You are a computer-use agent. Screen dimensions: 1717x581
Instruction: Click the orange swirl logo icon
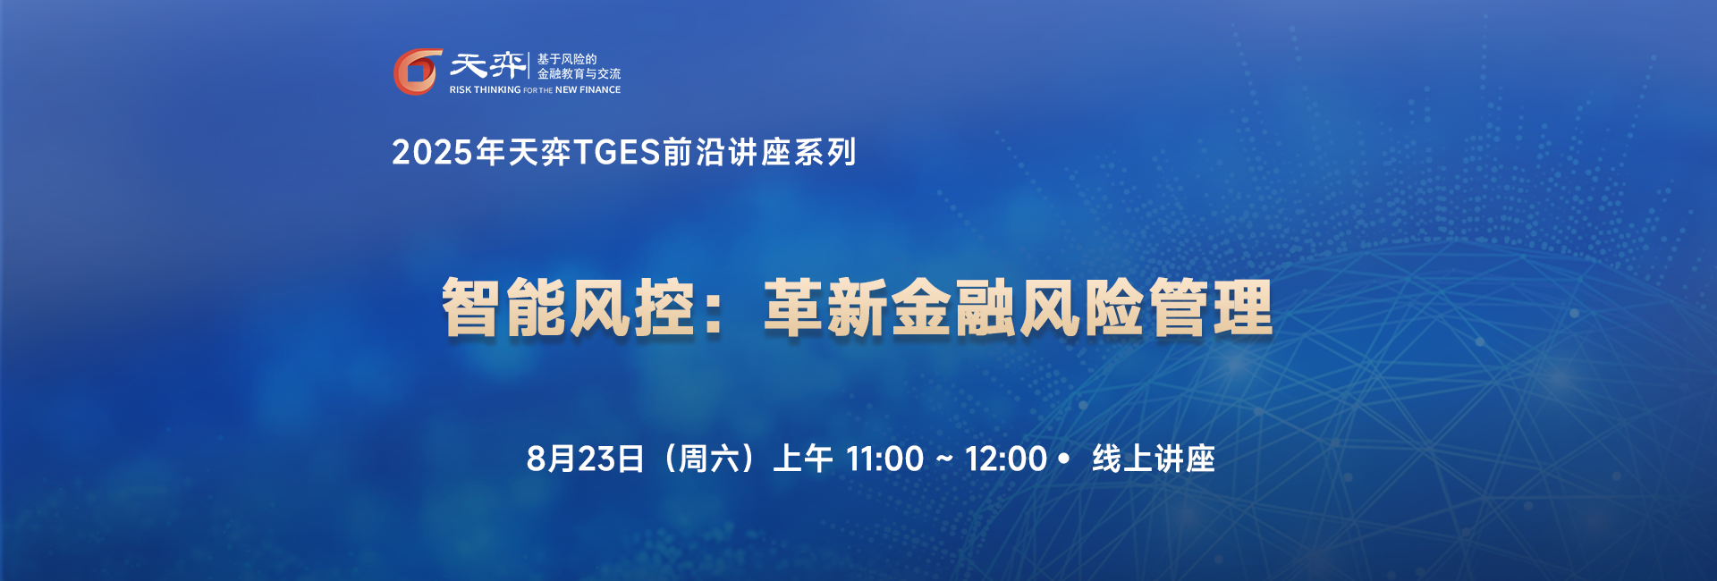pyautogui.click(x=418, y=72)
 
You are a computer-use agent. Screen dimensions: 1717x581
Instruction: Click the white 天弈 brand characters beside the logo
pyautogui.click(x=487, y=65)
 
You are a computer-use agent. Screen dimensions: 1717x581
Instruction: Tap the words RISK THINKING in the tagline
pyautogui.click(x=485, y=89)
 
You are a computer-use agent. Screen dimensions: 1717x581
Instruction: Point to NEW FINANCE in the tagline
pyautogui.click(x=588, y=89)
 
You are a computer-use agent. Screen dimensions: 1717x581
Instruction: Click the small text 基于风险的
pyautogui.click(x=566, y=59)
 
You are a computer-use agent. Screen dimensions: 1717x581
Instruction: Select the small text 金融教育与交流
pyautogui.click(x=579, y=73)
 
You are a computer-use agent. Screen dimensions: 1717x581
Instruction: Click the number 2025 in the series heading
pyautogui.click(x=432, y=152)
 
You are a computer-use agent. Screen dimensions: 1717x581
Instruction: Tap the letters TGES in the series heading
pyautogui.click(x=617, y=152)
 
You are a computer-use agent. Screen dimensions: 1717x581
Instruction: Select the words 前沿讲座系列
pyautogui.click(x=759, y=152)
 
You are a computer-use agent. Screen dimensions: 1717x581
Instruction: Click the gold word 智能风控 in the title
pyautogui.click(x=568, y=307)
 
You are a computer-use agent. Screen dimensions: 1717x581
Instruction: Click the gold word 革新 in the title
pyautogui.click(x=825, y=307)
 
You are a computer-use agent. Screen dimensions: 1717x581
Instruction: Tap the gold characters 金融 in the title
pyautogui.click(x=954, y=307)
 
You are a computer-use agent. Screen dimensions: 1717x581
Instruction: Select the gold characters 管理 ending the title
pyautogui.click(x=1210, y=307)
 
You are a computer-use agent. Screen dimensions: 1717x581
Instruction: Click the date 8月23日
pyautogui.click(x=585, y=459)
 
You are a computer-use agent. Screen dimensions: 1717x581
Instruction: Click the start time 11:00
pyautogui.click(x=884, y=459)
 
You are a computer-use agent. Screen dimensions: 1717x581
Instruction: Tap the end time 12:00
pyautogui.click(x=1005, y=459)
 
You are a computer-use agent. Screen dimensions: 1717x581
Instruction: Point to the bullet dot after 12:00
pyautogui.click(x=1063, y=459)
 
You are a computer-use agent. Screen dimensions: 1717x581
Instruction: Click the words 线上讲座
pyautogui.click(x=1154, y=459)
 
